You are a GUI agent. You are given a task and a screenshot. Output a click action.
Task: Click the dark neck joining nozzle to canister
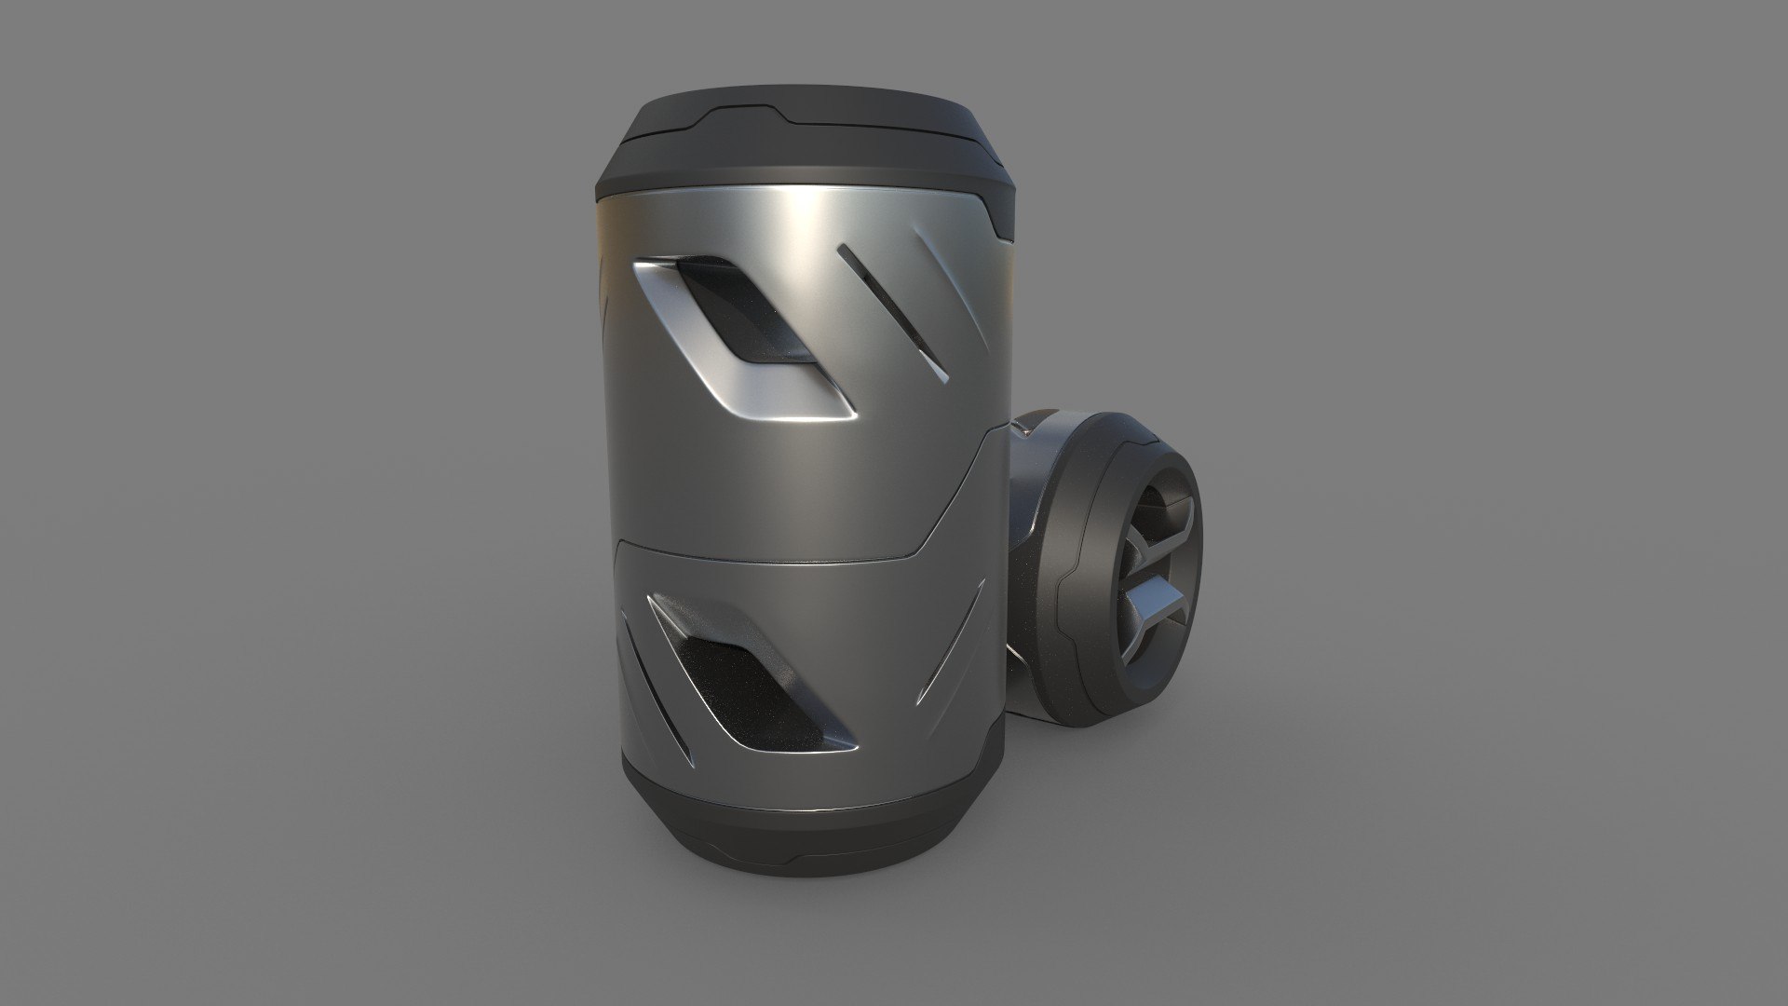pos(1029,522)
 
